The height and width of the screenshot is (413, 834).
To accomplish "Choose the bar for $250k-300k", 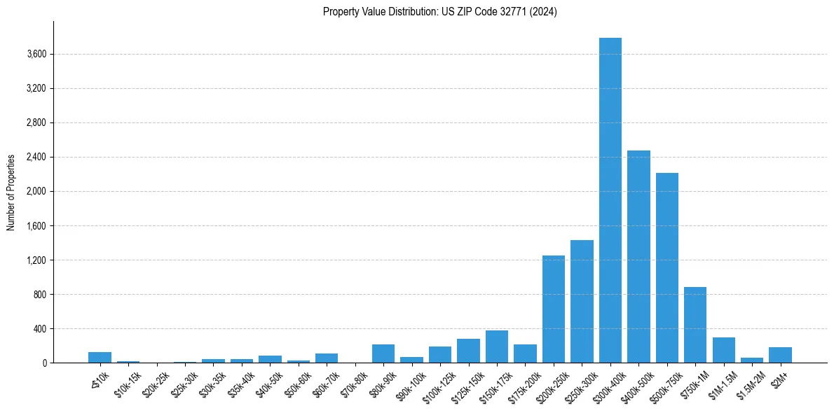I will click(582, 302).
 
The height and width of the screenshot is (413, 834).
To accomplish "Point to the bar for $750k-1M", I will click(695, 325).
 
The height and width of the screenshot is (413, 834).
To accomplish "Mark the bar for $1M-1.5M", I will click(723, 350).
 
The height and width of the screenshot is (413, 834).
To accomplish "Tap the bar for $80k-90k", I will click(383, 353).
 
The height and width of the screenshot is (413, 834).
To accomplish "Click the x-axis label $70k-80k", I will click(355, 384).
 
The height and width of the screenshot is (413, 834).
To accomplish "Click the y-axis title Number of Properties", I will click(11, 192).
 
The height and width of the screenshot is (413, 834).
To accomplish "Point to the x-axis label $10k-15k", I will click(128, 384).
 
